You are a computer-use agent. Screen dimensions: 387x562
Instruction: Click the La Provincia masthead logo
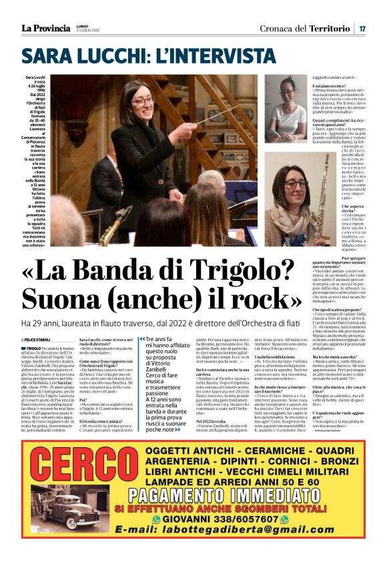coord(45,28)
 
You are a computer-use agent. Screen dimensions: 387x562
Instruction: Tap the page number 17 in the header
coord(362,28)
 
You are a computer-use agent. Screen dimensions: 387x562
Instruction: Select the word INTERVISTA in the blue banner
coord(214,54)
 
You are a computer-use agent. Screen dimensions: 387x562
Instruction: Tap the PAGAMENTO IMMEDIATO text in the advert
coord(212,513)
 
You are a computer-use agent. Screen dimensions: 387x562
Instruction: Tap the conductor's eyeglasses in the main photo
coord(143,101)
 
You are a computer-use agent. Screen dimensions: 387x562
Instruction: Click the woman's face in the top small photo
coord(287,87)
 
